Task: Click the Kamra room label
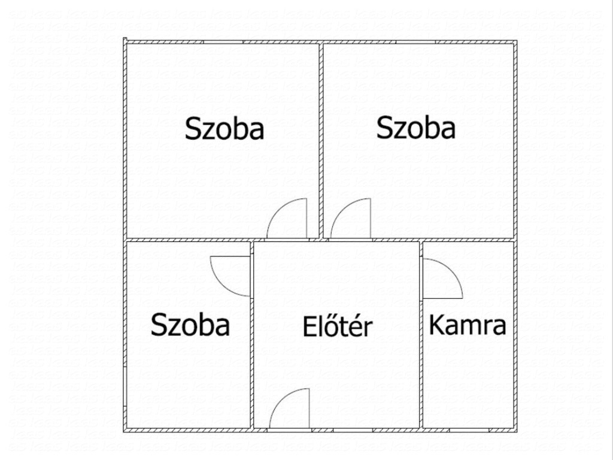point(468,325)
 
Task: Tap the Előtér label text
point(338,325)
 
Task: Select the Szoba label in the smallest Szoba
point(190,325)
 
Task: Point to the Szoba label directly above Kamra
point(416,128)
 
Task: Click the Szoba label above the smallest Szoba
point(224,128)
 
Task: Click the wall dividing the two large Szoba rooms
point(321,140)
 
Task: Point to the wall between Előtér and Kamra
point(421,335)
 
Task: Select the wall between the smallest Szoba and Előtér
point(252,335)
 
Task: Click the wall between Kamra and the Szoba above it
point(468,240)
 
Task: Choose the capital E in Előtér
point(308,326)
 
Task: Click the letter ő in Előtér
point(326,327)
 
